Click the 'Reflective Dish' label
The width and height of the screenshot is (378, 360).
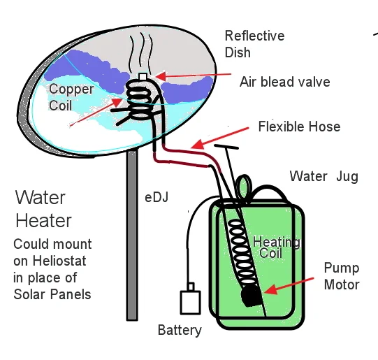(x=254, y=44)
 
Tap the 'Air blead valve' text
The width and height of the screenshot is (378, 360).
(x=284, y=82)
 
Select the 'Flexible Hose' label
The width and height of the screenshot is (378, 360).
(x=299, y=127)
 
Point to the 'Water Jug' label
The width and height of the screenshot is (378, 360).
(x=324, y=176)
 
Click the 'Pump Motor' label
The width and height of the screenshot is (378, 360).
(x=342, y=276)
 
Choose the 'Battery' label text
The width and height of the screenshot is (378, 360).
(x=180, y=331)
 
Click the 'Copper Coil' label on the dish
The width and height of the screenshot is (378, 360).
(x=71, y=97)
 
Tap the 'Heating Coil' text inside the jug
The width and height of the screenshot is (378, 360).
(x=277, y=247)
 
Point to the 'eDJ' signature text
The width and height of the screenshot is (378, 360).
(x=157, y=198)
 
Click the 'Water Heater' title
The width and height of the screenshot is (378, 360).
(x=43, y=209)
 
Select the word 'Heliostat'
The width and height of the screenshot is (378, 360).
(x=59, y=261)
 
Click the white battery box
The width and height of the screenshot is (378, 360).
(x=191, y=303)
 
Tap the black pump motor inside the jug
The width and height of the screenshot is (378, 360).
(x=252, y=296)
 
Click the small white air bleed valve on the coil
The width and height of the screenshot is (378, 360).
(x=143, y=77)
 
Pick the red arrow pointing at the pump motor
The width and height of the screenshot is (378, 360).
(x=289, y=285)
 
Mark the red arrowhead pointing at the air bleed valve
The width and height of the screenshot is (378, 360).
(x=160, y=76)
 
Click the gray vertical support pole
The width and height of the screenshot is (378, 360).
(x=132, y=236)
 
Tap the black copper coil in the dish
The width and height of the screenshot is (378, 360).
(x=139, y=101)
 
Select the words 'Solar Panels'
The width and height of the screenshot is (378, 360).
(x=52, y=294)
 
